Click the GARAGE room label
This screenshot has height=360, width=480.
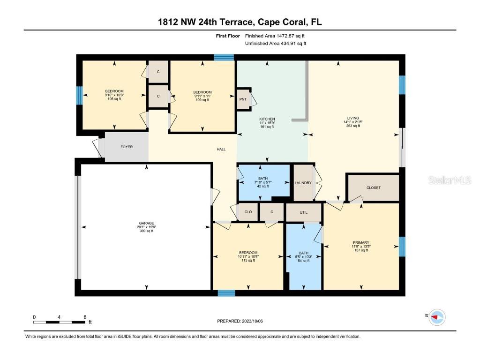coord(146,223)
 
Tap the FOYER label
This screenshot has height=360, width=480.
coord(127,147)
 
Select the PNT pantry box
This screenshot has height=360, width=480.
coord(243,99)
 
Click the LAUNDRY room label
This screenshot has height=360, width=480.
coord(303,183)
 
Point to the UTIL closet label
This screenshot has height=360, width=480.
coord(303,212)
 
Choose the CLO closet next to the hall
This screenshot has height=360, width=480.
coord(248,212)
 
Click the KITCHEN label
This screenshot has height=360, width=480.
coord(267,119)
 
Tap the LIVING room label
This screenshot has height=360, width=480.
coord(353,118)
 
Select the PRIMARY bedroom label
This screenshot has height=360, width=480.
coord(361,242)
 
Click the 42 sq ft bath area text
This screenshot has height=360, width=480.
coord(263,186)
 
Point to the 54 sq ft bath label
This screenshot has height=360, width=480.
coord(304,261)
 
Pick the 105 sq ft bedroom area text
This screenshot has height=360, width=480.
coord(114,99)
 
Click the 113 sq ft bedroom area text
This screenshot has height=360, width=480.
coord(247,261)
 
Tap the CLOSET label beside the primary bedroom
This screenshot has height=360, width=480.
coord(374,187)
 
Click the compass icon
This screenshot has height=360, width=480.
coord(437,317)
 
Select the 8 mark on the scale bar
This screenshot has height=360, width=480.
coord(84,317)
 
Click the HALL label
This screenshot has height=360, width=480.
coord(221,149)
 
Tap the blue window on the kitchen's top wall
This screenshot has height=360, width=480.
coord(224,57)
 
